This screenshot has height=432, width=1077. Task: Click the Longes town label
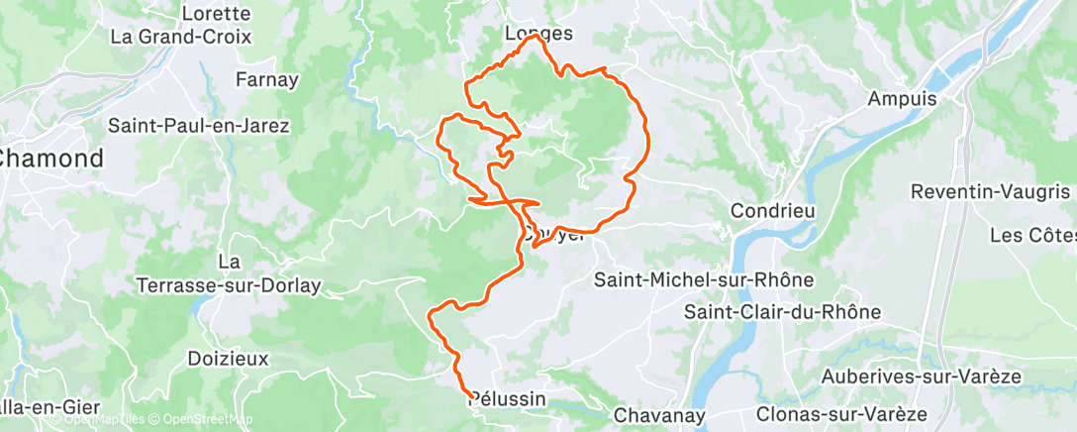coord(538,33)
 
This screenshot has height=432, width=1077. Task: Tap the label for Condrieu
coord(771,211)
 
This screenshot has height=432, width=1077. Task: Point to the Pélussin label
coord(507,398)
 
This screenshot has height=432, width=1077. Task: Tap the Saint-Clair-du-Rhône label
coord(782,311)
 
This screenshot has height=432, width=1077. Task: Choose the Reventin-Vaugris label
coord(990,191)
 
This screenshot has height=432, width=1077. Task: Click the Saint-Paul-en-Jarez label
coord(199,126)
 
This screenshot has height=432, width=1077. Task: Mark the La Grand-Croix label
coord(181,37)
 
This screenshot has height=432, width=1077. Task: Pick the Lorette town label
coord(217,14)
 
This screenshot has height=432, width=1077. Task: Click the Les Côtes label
coord(1031,236)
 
